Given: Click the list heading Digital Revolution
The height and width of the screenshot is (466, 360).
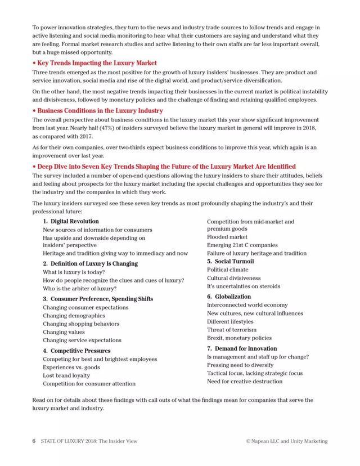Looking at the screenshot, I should tap(74, 222).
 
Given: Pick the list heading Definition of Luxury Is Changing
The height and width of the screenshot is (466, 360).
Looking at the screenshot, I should tap(94, 263).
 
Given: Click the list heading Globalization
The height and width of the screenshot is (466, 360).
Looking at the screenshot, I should tap(232, 297).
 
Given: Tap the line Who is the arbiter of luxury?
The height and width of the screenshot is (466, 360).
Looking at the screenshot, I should tap(80, 288).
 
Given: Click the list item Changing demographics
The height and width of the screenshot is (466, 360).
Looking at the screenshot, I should tap(74, 316).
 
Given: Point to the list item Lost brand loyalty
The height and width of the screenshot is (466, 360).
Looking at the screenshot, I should tap(66, 375).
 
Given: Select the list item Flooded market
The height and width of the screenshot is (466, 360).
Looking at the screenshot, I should tap(227, 237).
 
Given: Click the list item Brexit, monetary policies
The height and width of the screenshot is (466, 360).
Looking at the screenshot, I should tap(239, 338).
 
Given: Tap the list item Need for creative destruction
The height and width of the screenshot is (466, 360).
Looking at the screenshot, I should tap(245, 382).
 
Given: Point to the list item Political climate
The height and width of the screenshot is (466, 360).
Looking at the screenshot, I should tap(227, 270).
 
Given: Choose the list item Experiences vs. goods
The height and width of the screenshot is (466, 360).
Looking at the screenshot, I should tap(72, 367).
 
